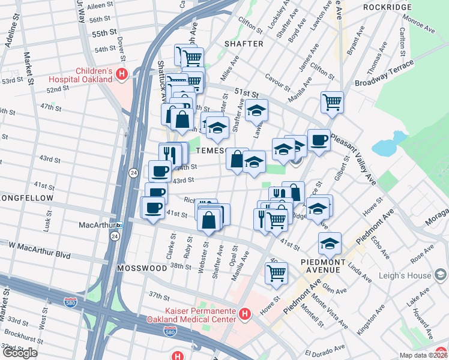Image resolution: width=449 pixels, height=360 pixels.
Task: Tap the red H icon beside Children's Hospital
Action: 122,75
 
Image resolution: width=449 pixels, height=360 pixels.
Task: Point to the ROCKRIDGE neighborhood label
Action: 387,7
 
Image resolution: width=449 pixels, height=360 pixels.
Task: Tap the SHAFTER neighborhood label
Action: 244,44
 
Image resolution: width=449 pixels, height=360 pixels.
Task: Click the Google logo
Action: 20,353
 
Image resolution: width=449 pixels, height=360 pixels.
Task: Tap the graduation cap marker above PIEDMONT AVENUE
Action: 330,244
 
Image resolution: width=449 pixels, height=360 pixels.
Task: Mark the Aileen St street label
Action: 99,5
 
